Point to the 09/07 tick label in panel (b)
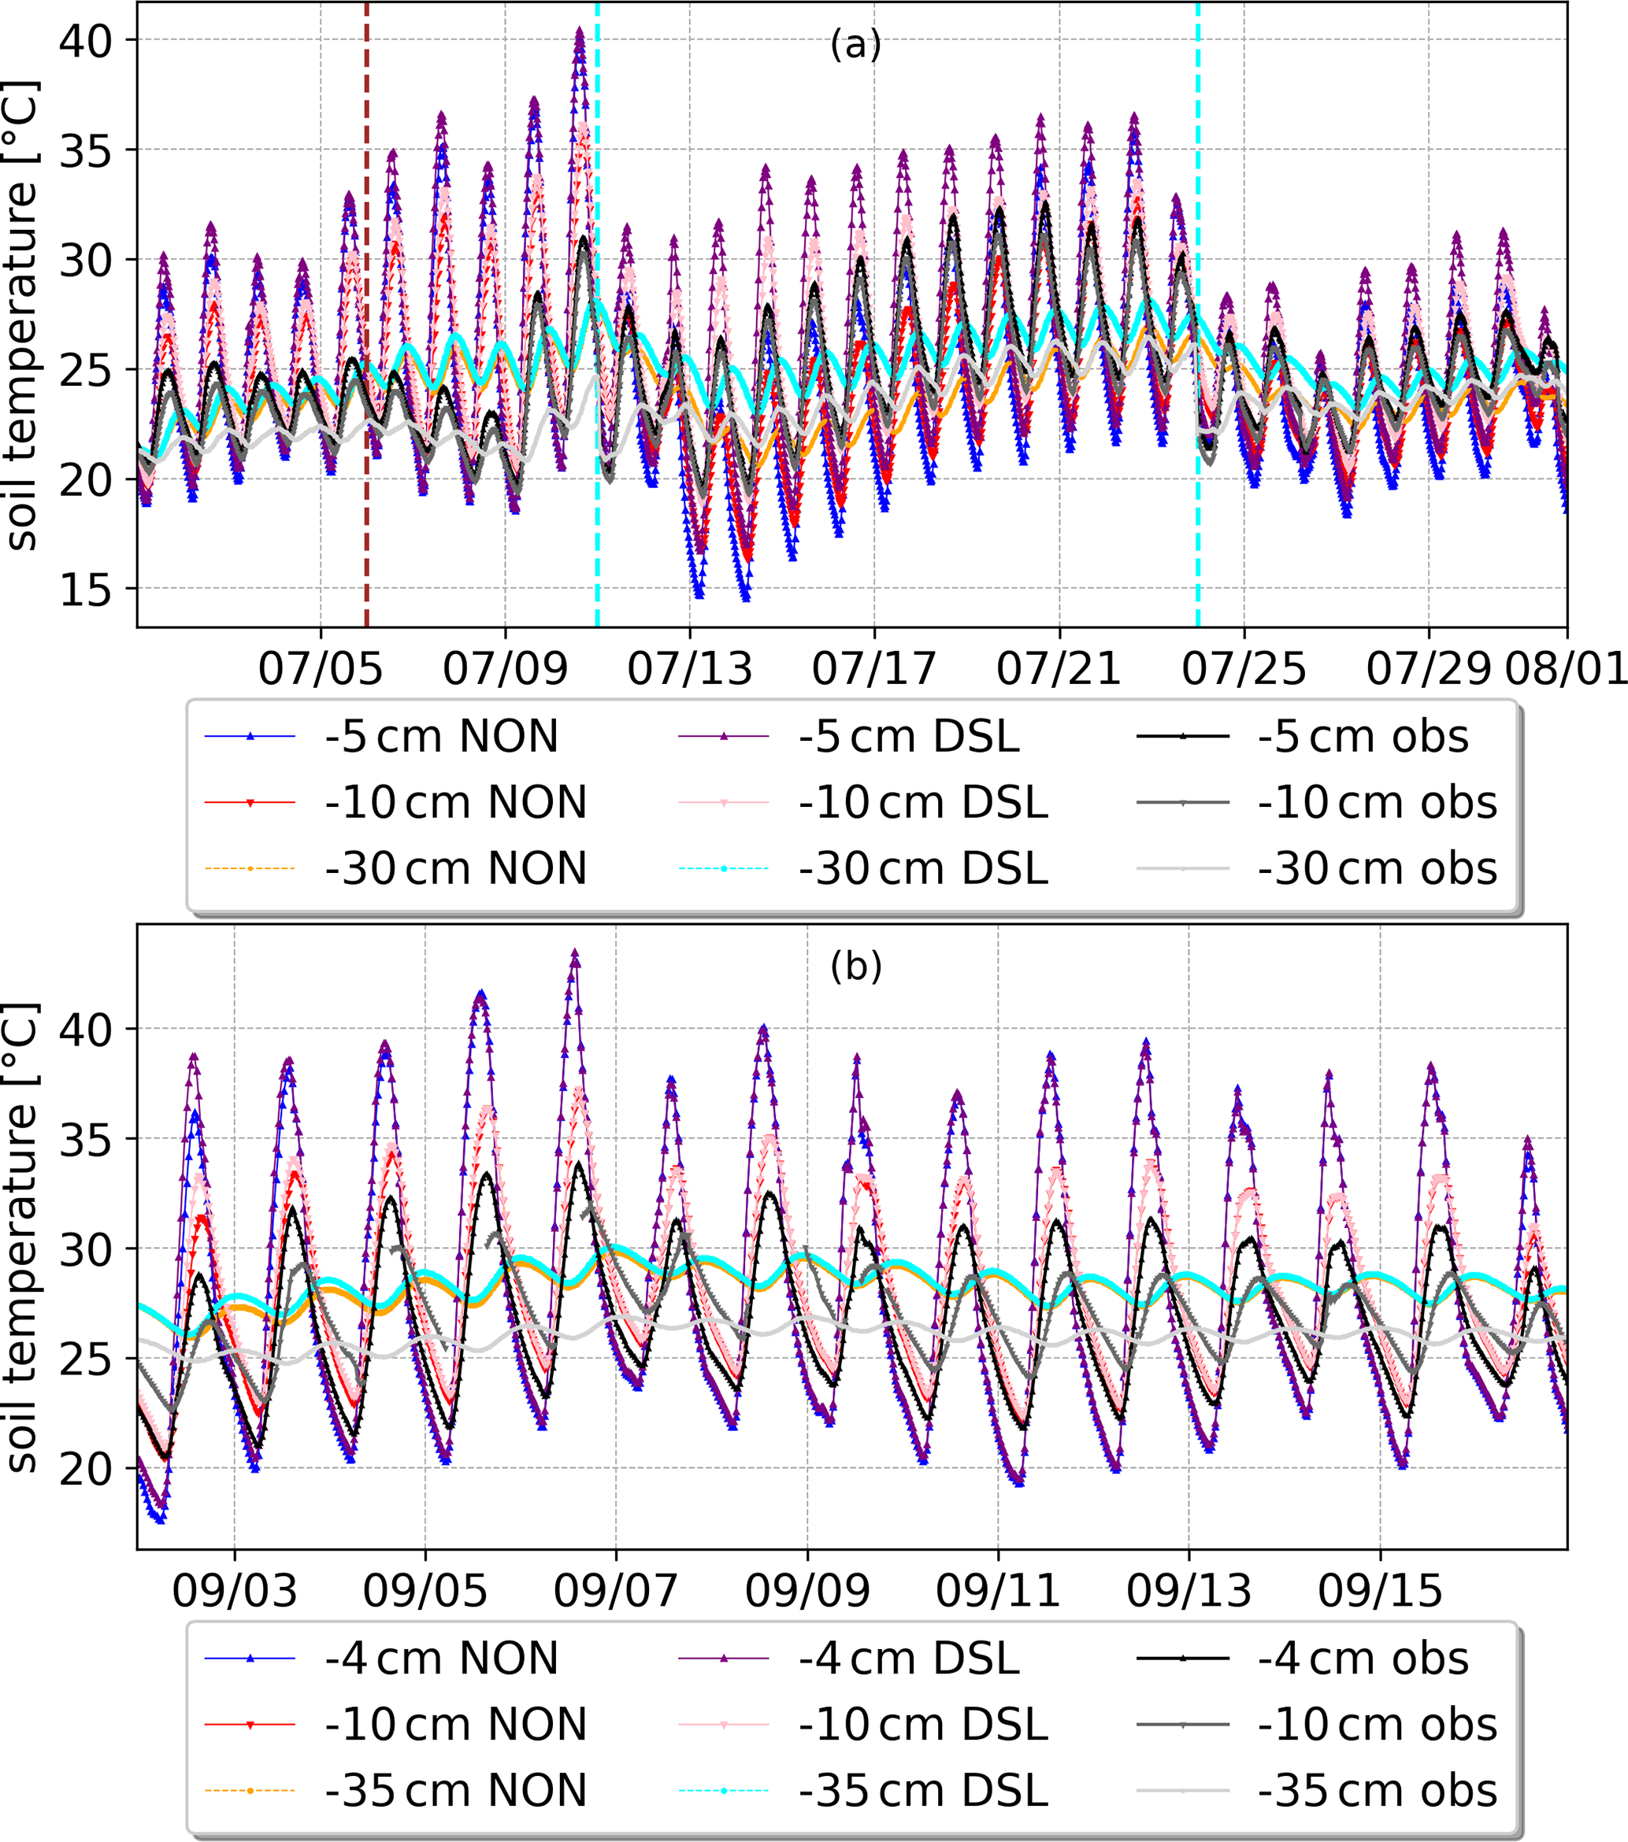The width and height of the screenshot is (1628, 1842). click(616, 1592)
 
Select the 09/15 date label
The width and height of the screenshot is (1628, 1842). click(1380, 1592)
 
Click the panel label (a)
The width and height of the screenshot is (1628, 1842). click(855, 43)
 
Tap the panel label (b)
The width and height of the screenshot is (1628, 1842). click(855, 966)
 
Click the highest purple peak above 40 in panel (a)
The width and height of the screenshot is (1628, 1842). click(580, 31)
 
